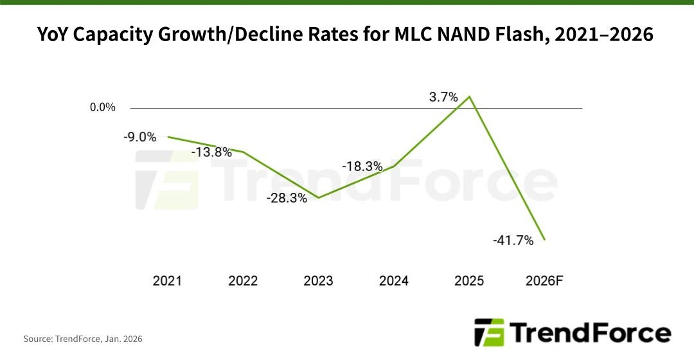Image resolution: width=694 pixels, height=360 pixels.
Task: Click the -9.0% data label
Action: [139, 136]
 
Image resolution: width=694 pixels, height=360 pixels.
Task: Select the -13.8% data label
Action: [211, 152]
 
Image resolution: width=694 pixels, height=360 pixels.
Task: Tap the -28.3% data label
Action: [287, 198]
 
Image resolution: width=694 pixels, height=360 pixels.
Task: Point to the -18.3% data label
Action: [362, 166]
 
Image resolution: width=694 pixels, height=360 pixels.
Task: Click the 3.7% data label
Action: [443, 97]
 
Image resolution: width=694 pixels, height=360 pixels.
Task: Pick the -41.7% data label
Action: [513, 240]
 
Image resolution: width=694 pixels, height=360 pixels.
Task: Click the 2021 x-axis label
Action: [167, 281]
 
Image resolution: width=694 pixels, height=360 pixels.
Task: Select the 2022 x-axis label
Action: [243, 281]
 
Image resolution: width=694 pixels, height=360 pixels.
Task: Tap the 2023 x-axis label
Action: [318, 281]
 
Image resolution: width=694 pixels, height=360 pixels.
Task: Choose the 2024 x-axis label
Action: [394, 281]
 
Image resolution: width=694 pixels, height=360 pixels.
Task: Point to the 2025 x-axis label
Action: [469, 281]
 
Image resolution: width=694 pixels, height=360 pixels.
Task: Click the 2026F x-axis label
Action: [544, 281]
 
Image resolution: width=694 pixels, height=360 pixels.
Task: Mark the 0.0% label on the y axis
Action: [103, 107]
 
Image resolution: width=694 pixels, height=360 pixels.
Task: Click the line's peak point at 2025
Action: [470, 97]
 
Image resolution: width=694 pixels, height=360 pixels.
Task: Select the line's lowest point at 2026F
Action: [544, 240]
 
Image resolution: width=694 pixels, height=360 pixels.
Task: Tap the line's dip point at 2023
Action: [319, 197]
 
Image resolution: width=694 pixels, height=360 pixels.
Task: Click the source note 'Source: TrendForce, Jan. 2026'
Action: [83, 338]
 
